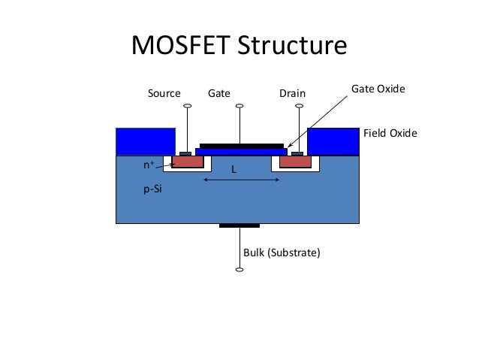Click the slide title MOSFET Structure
(239, 47)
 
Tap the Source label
(164, 94)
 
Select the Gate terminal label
(218, 94)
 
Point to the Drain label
(292, 94)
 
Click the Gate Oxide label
(378, 89)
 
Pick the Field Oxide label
(390, 133)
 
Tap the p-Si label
(152, 191)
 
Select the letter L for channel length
(233, 171)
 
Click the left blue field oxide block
(146, 141)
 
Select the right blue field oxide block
(333, 141)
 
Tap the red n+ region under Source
(188, 162)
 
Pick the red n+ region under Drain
(295, 162)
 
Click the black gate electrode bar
(241, 145)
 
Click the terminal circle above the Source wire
(187, 106)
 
